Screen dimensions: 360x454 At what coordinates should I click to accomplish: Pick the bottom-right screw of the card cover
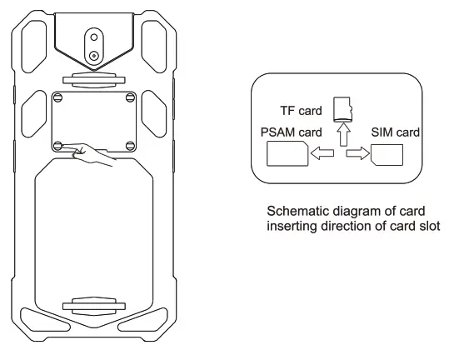(x=129, y=145)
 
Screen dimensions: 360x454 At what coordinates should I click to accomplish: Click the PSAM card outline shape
(x=286, y=153)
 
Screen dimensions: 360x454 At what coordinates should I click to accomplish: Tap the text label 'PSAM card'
(x=290, y=132)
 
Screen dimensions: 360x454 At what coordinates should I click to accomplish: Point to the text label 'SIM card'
(x=394, y=132)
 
